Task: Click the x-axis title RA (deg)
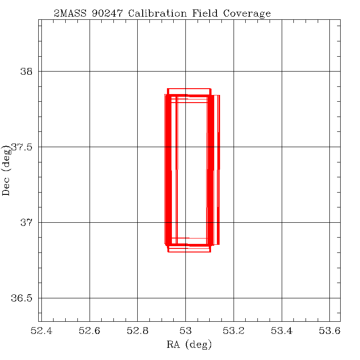click(x=189, y=345)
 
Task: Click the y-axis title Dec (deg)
click(x=6, y=170)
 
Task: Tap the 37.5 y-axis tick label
click(x=22, y=147)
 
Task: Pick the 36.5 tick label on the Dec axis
click(x=22, y=298)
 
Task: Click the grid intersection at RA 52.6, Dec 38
click(x=90, y=71)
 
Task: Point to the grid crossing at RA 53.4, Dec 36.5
click(x=282, y=298)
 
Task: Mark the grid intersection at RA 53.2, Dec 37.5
click(x=234, y=147)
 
